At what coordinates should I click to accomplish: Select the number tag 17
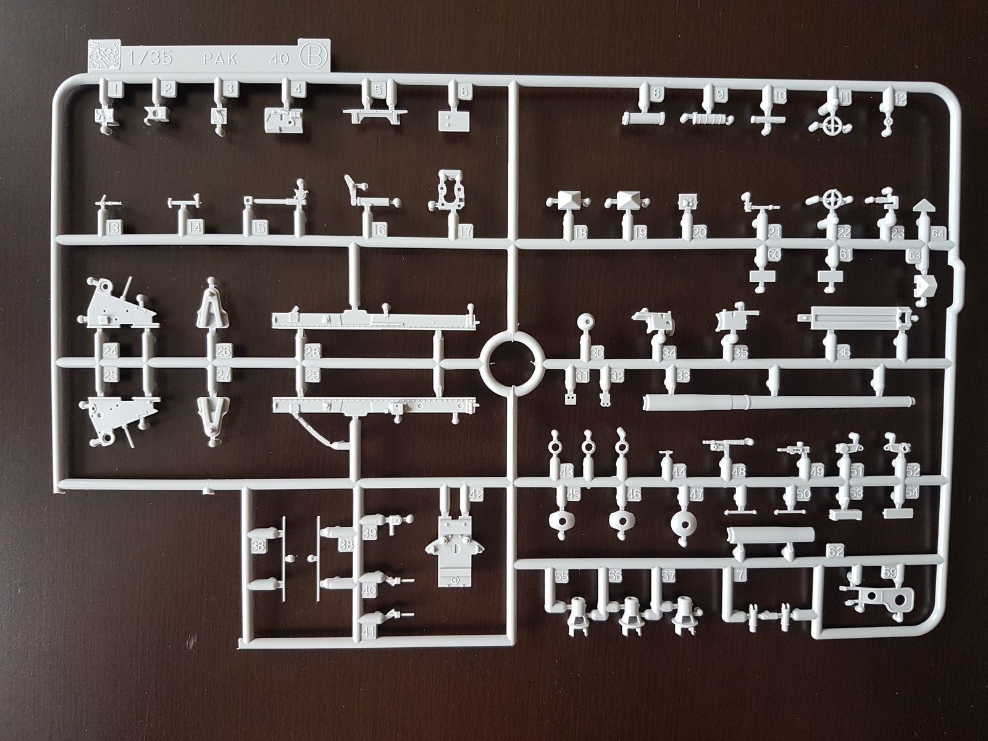pos(465,231)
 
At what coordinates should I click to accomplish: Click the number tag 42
pos(475,494)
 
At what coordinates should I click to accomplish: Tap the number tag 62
pos(835,551)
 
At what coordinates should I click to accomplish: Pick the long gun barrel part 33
pos(778,402)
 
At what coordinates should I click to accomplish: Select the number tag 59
pos(889,572)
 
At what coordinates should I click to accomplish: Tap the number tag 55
pos(561,576)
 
